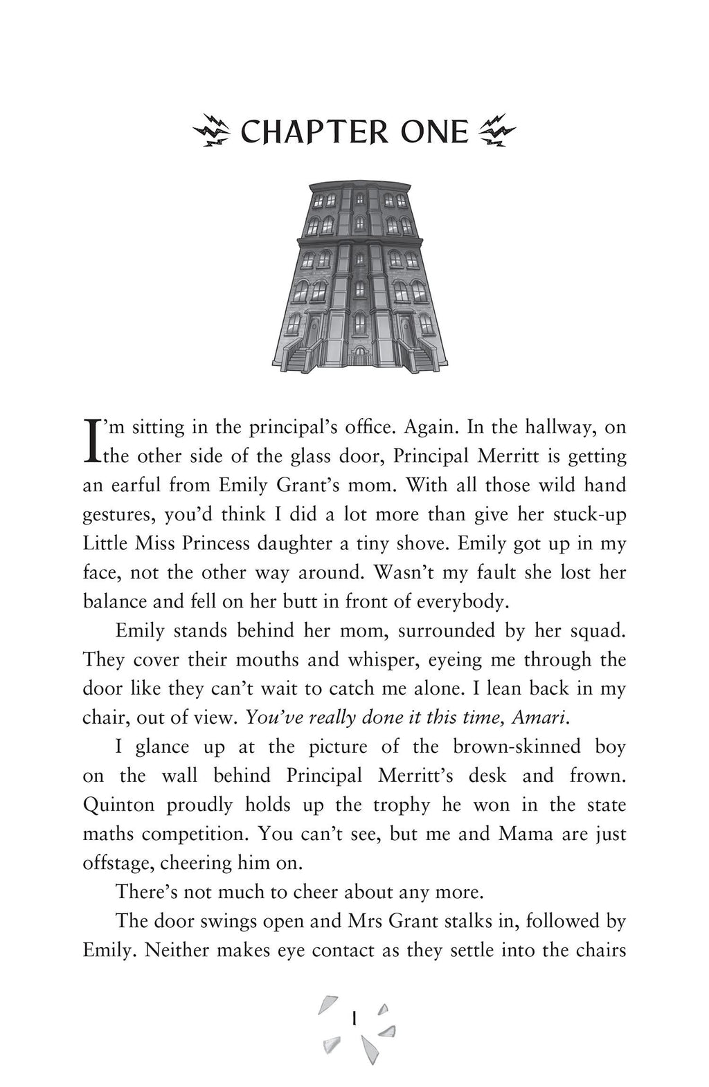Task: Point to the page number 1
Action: [x=354, y=1019]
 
